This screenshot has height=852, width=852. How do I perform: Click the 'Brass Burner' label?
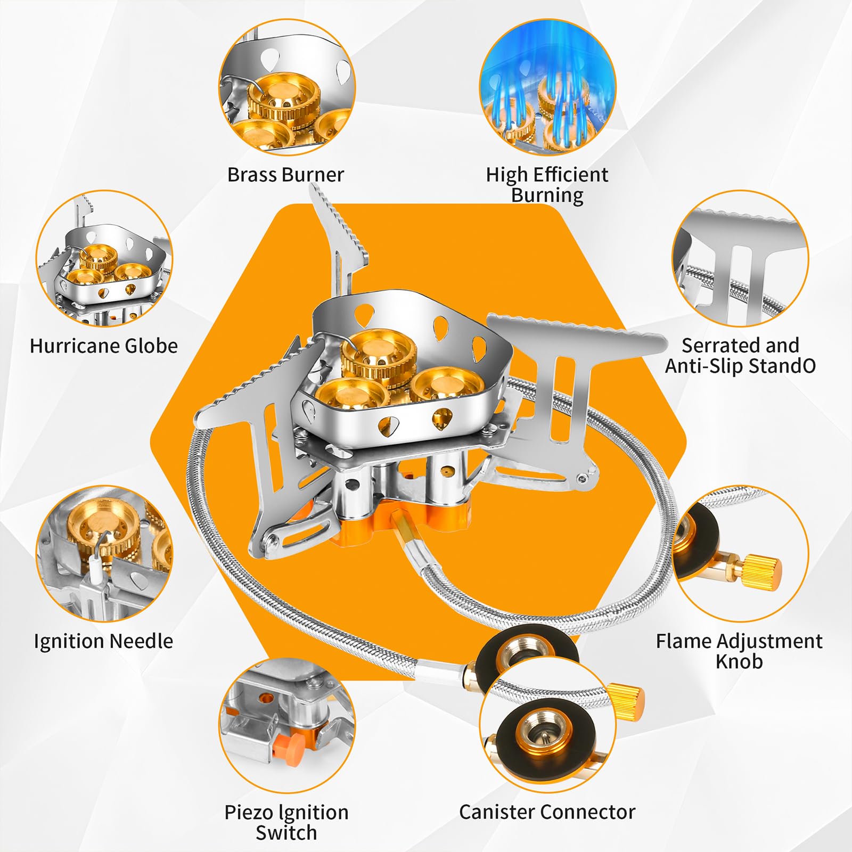pyautogui.click(x=285, y=175)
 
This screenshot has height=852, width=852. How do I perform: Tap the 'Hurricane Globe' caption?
pyautogui.click(x=104, y=346)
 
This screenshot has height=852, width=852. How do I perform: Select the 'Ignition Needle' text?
pyautogui.click(x=103, y=641)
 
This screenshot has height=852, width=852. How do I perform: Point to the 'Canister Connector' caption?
pyautogui.click(x=547, y=812)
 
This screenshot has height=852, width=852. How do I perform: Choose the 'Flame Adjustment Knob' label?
pyautogui.click(x=739, y=651)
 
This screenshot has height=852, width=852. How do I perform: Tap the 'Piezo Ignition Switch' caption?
pyautogui.click(x=286, y=822)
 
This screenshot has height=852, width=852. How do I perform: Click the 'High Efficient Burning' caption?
pyautogui.click(x=547, y=184)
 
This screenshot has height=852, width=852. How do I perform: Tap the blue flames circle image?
pyautogui.click(x=547, y=87)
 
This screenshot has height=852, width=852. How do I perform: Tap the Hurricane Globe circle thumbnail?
pyautogui.click(x=104, y=259)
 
